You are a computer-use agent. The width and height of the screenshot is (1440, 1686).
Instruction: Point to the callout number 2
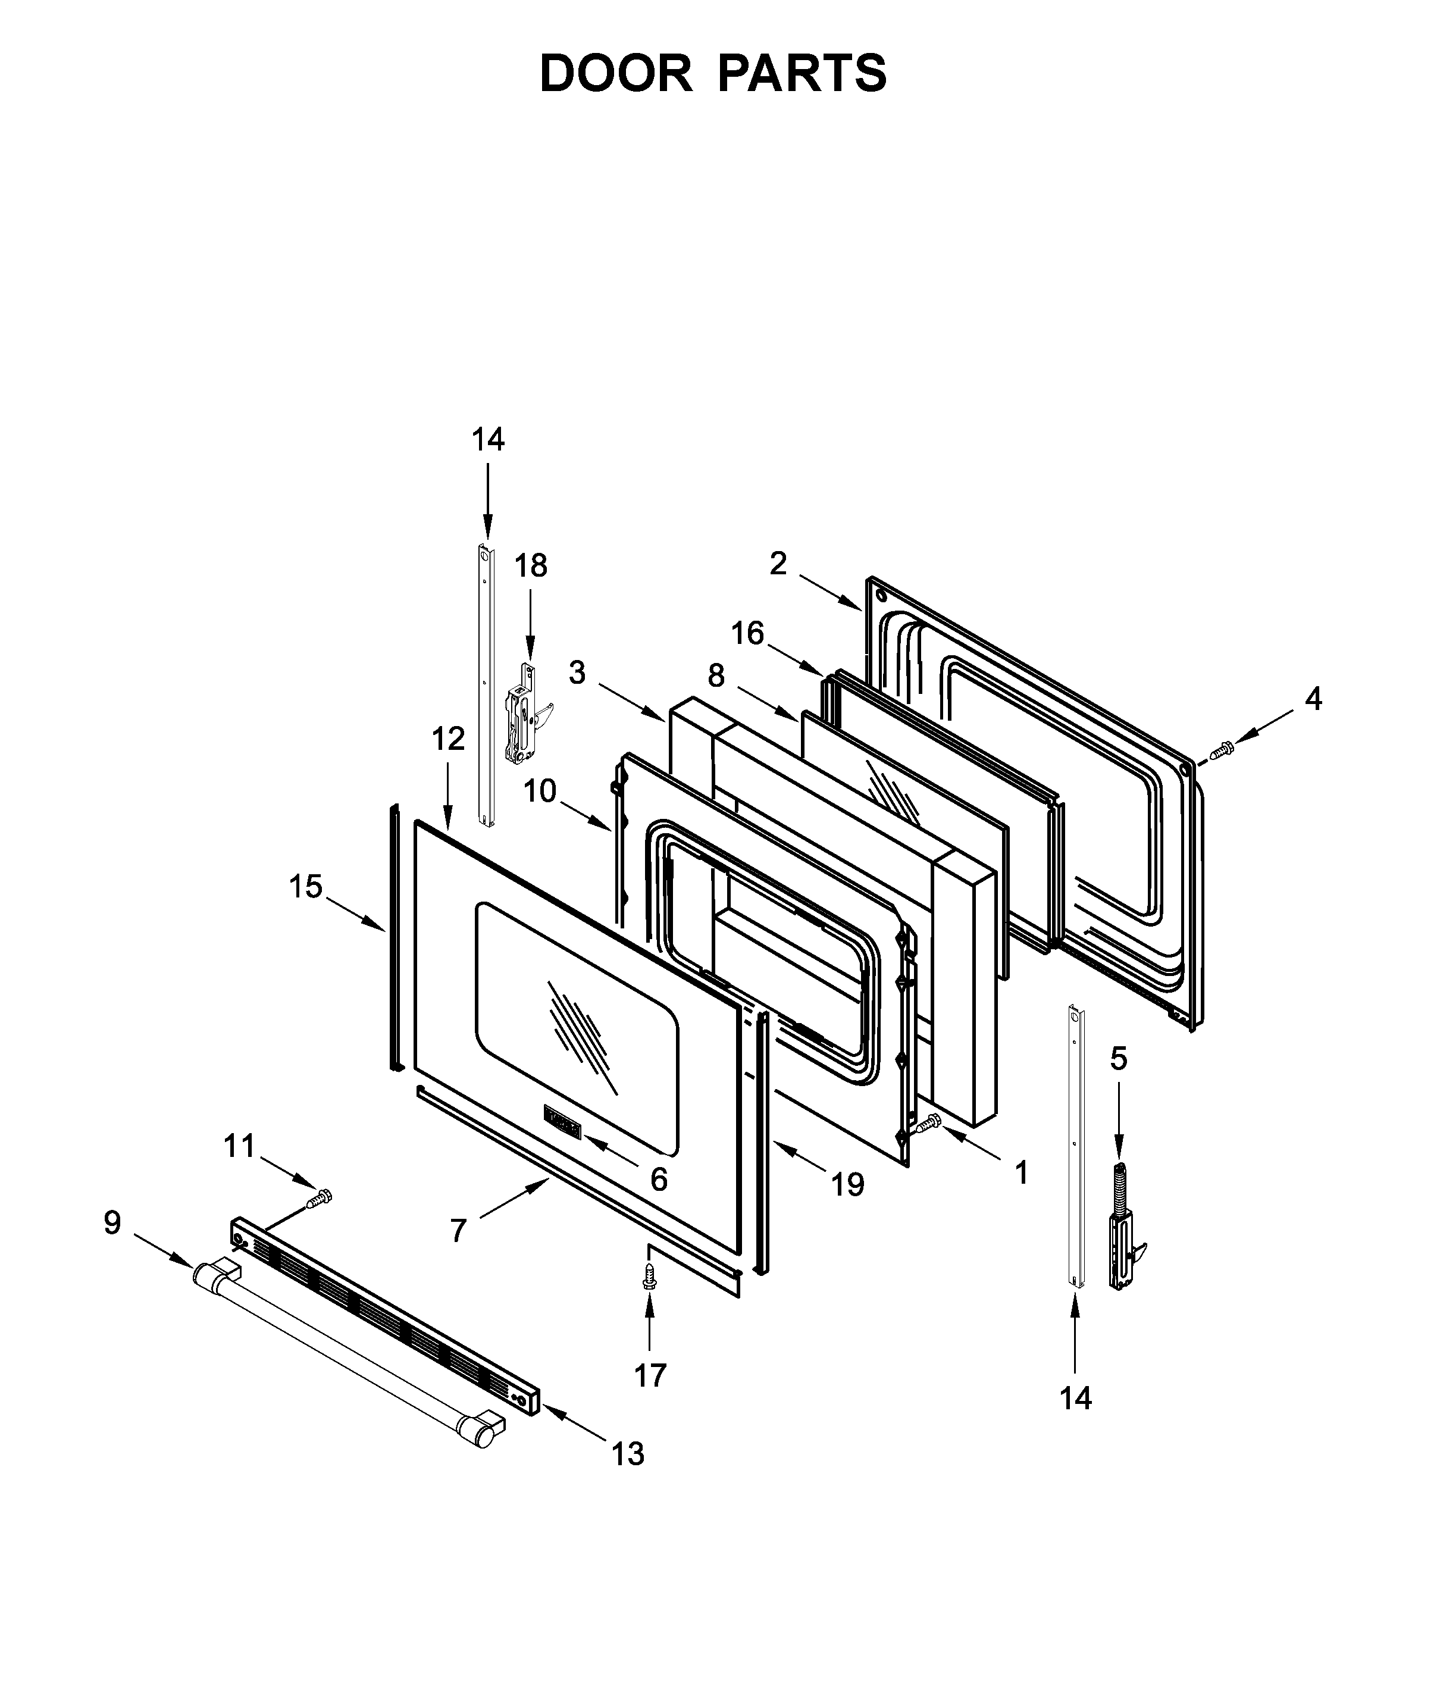tap(778, 563)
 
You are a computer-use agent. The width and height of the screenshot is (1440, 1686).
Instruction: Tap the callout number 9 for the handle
tap(112, 1222)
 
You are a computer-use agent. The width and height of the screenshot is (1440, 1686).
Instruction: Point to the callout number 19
tap(847, 1185)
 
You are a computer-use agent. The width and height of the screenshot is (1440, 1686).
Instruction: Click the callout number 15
tap(306, 886)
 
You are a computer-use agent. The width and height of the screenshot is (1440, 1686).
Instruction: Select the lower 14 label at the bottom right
tap(1075, 1398)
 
